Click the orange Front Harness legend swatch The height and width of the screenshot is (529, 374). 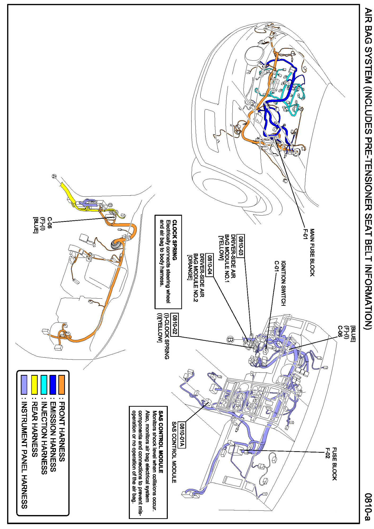[x=61, y=384]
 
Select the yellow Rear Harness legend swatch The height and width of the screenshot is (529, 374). [x=34, y=384]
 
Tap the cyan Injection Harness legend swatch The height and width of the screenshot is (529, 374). [x=44, y=384]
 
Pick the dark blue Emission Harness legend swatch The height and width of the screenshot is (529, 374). [x=53, y=384]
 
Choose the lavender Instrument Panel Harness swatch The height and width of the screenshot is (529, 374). [x=24, y=384]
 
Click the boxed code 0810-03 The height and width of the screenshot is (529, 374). [x=240, y=246]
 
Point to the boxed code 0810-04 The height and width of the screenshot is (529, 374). [x=210, y=265]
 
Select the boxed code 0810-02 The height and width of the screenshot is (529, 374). [x=175, y=325]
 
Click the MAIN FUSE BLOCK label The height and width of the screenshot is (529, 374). [x=312, y=253]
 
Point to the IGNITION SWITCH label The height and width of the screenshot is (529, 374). [x=283, y=283]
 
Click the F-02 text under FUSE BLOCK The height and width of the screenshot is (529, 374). [x=328, y=453]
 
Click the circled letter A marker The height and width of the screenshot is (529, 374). [x=54, y=176]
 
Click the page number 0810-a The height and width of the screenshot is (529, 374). [x=367, y=506]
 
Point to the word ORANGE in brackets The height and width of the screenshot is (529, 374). [x=189, y=268]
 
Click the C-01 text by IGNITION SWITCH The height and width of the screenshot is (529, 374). [x=277, y=268]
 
